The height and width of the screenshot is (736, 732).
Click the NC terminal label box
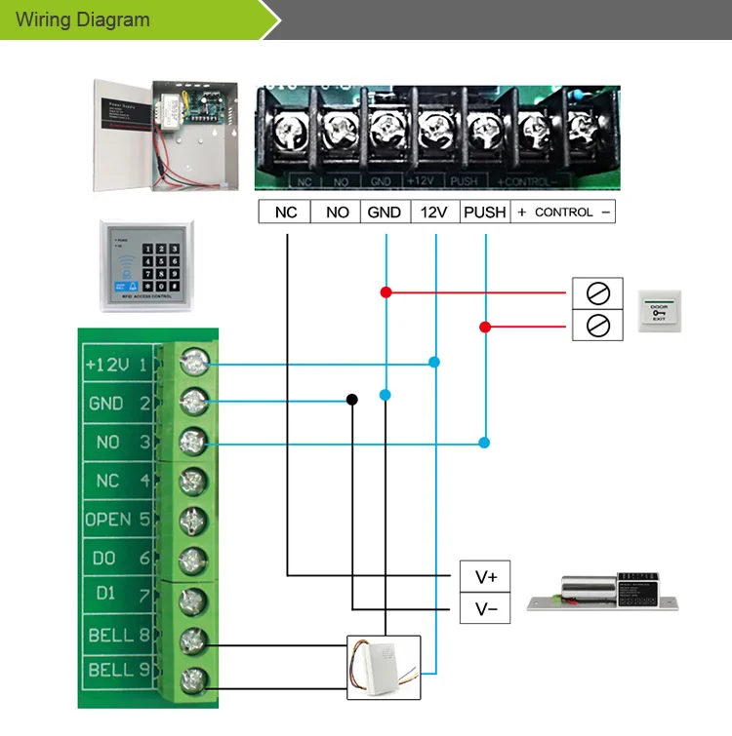pyautogui.click(x=285, y=212)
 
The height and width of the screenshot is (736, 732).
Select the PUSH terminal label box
pyautogui.click(x=485, y=212)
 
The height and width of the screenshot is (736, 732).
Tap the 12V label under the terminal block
pyautogui.click(x=434, y=212)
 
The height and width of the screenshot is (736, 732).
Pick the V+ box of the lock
pyautogui.click(x=486, y=577)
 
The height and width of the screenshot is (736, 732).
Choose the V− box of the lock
pyautogui.click(x=486, y=609)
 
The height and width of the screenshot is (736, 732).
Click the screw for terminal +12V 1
pyautogui.click(x=194, y=364)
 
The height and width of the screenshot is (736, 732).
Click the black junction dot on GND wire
pyautogui.click(x=351, y=399)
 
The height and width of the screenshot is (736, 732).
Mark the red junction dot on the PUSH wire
pyautogui.click(x=485, y=327)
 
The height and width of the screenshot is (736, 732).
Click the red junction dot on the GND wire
pyautogui.click(x=386, y=291)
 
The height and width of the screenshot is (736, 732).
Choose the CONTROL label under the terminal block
pyautogui.click(x=564, y=212)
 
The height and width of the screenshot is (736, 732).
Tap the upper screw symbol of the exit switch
pyautogui.click(x=597, y=292)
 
